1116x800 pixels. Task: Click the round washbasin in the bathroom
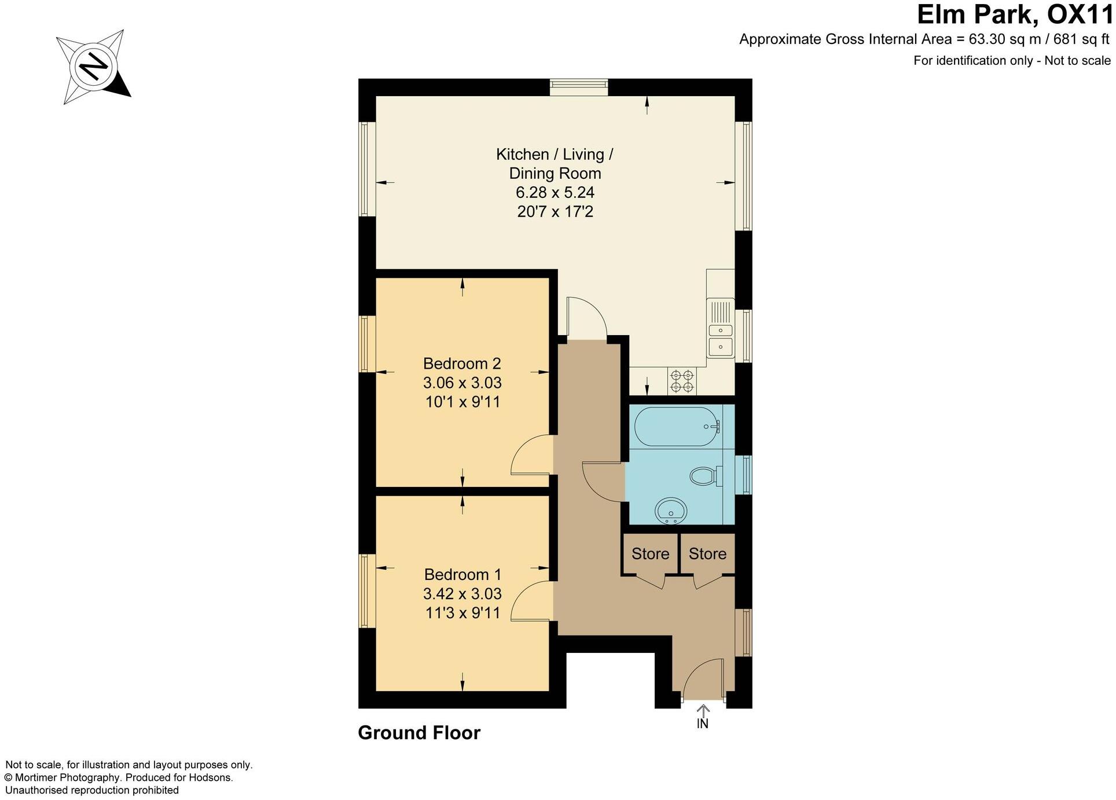(x=671, y=511)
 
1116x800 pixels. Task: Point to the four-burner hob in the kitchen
(x=682, y=381)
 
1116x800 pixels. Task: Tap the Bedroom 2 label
(x=461, y=364)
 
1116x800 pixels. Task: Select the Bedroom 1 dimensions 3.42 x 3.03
(x=462, y=593)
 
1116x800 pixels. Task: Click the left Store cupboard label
(x=650, y=554)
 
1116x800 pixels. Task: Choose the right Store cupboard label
(x=707, y=554)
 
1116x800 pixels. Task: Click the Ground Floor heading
(x=419, y=733)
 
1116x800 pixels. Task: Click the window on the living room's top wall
(x=579, y=87)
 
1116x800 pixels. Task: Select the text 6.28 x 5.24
(x=555, y=192)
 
